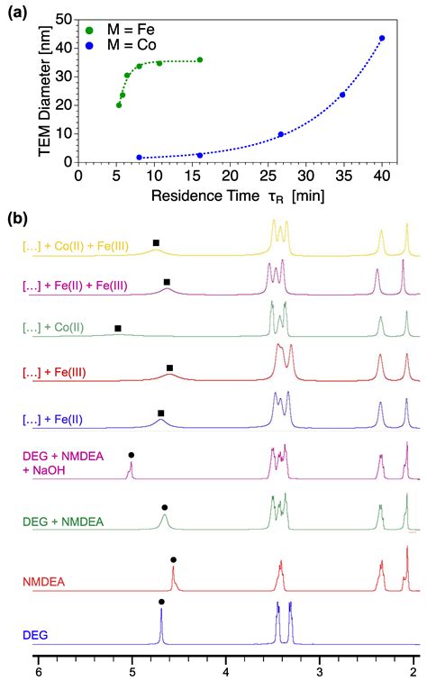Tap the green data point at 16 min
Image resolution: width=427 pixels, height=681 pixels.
tap(200, 60)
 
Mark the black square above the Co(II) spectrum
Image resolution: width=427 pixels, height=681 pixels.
tap(118, 328)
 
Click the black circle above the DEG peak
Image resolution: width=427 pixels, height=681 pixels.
tap(161, 602)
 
